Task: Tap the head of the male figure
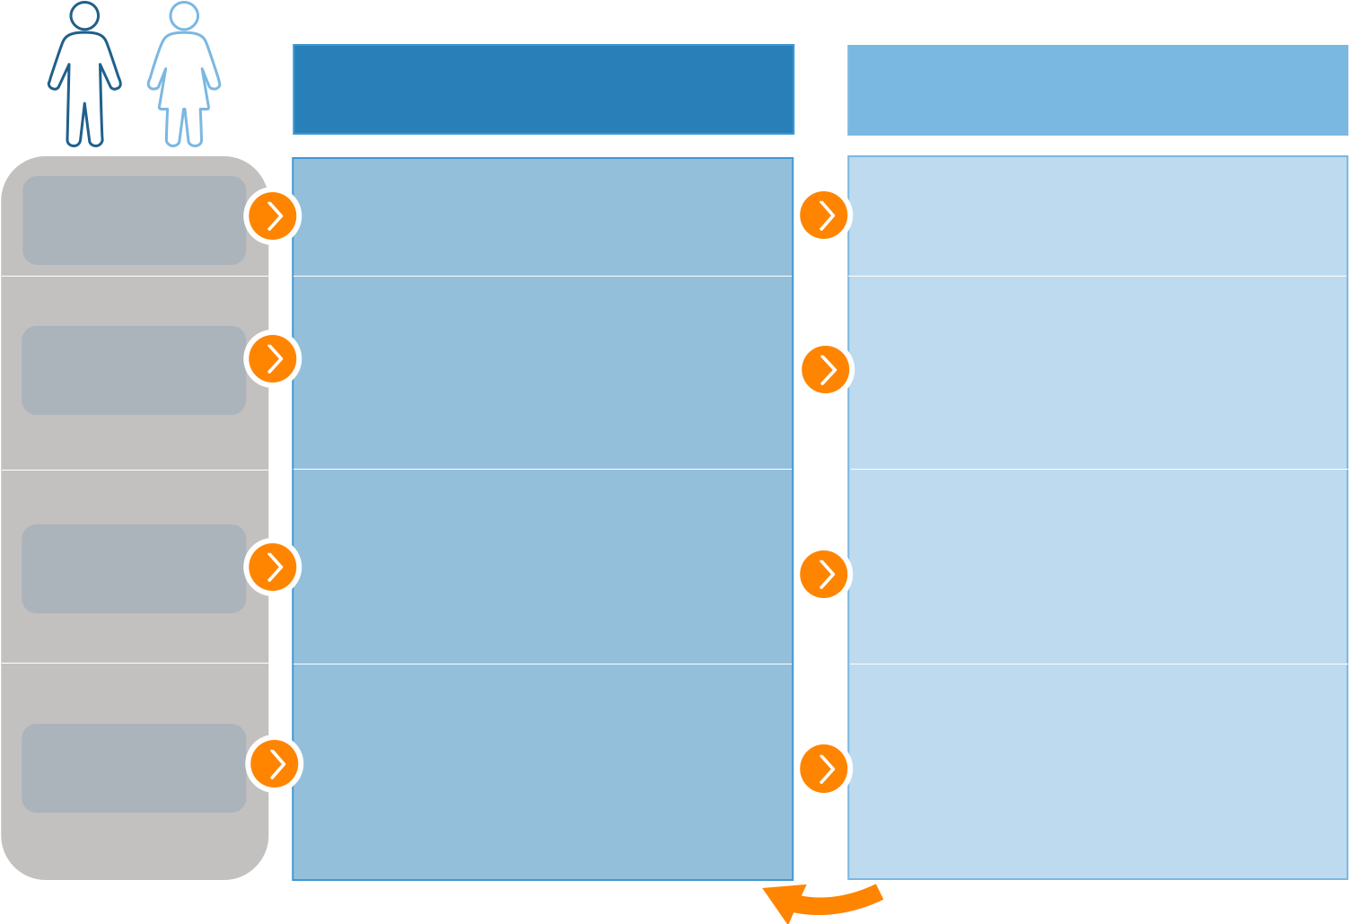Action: (x=84, y=16)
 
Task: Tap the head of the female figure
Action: (x=184, y=16)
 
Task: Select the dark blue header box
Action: (x=543, y=90)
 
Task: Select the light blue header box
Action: (x=1098, y=90)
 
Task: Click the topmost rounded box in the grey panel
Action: (x=135, y=220)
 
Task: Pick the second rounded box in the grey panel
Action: (x=135, y=370)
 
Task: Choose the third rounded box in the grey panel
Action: (x=135, y=568)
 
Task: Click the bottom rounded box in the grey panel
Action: (x=135, y=768)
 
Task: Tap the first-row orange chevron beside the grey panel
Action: (x=273, y=216)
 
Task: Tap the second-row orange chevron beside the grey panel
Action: (x=273, y=359)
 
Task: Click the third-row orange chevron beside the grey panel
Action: (x=273, y=567)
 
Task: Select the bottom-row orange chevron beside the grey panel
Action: (x=275, y=763)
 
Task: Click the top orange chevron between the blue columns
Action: (x=823, y=215)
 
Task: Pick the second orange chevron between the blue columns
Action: (x=825, y=369)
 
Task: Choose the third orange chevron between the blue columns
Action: (x=823, y=574)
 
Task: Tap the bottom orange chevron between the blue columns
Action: (x=823, y=768)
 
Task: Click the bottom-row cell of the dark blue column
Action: (x=543, y=772)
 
